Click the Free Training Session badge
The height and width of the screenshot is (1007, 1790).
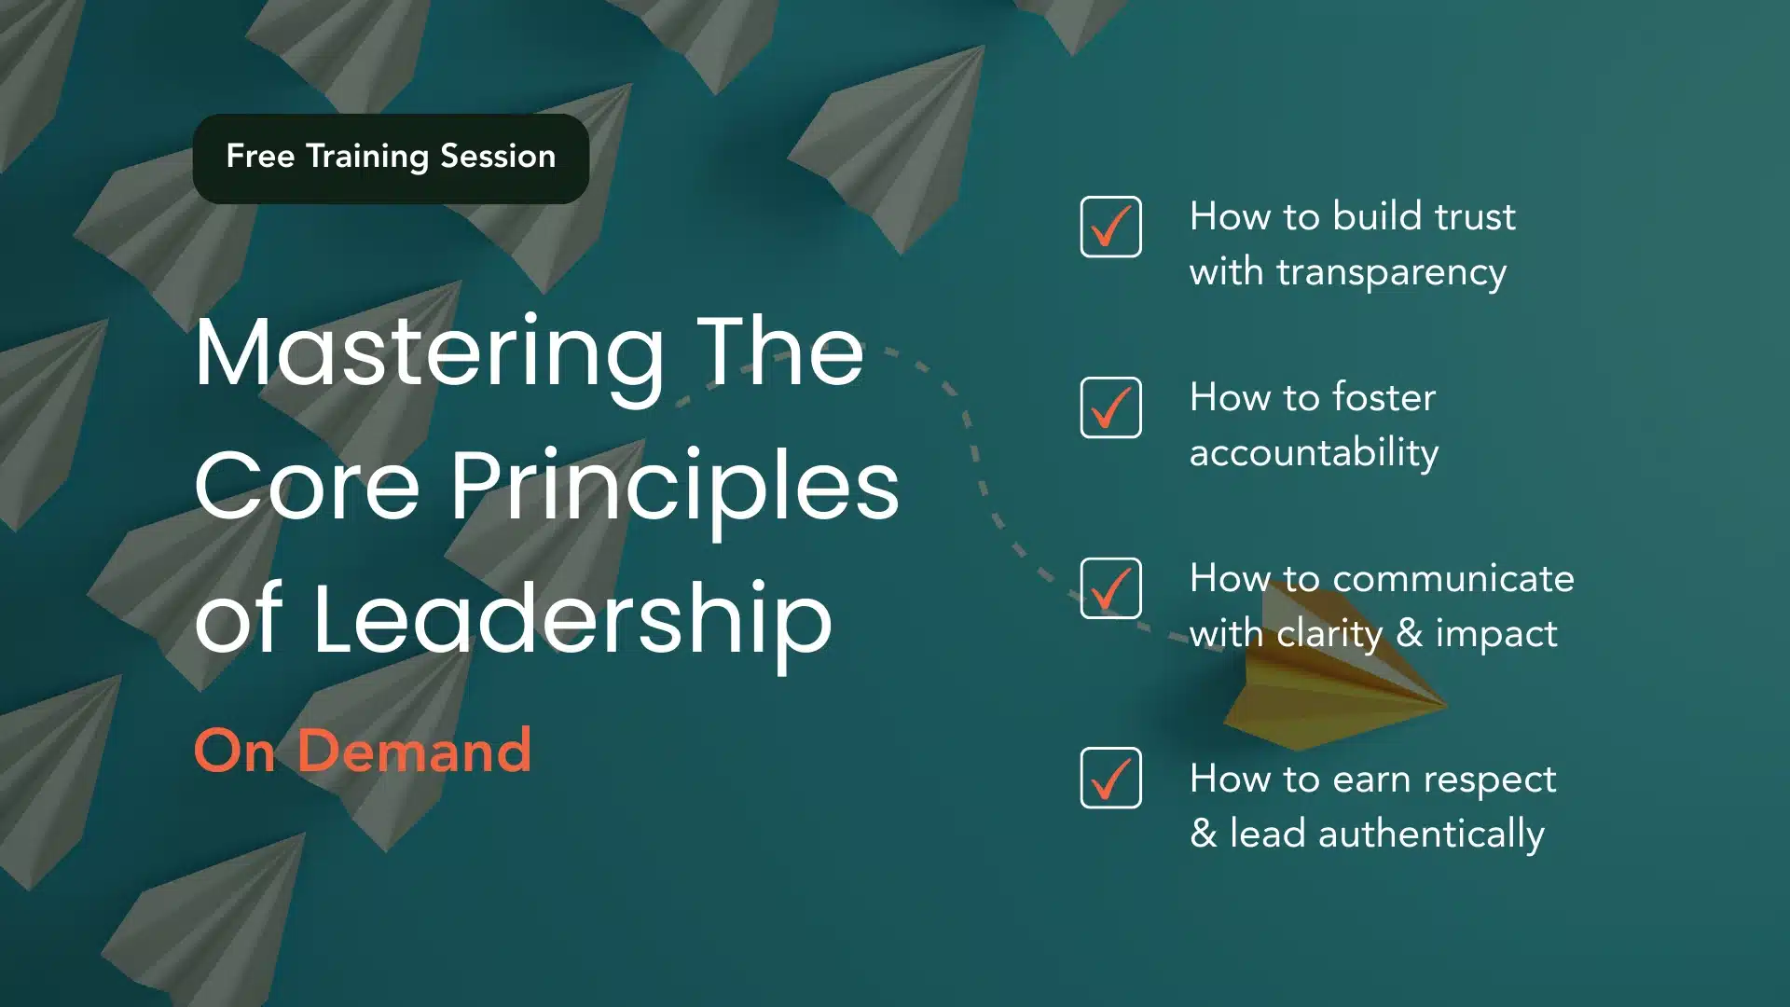point(391,159)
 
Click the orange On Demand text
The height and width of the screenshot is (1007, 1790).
point(363,751)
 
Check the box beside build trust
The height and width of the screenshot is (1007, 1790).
point(1110,227)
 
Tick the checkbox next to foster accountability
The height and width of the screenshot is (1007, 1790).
point(1110,407)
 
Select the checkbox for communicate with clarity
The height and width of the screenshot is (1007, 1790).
point(1110,588)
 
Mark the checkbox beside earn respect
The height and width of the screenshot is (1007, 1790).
point(1110,778)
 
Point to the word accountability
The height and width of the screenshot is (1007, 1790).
point(1315,453)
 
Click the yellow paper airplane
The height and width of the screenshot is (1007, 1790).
point(1333,695)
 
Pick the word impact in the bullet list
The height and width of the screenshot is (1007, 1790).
point(1496,635)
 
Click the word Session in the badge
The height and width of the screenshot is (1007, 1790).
point(498,156)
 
